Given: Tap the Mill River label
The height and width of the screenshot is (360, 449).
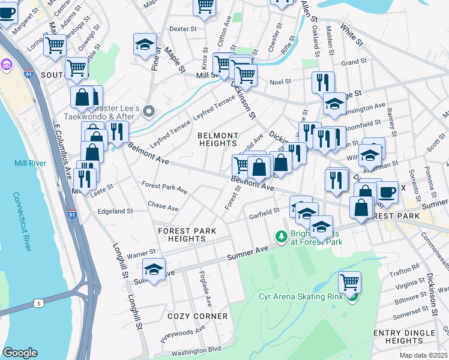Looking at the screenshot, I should tap(26, 163).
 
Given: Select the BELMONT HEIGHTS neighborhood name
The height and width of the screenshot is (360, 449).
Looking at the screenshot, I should tap(218, 139).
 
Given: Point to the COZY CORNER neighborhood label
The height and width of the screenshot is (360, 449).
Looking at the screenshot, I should tap(197, 316).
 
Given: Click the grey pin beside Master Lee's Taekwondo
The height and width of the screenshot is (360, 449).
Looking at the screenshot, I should tap(149, 110).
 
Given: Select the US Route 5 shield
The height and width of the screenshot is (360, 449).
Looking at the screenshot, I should tap(39, 304).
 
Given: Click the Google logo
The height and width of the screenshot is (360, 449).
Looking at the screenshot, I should tap(20, 353).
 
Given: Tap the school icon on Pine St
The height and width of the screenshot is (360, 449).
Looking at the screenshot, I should tap(145, 45).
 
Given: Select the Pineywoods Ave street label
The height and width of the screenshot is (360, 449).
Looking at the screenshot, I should tap(183, 334).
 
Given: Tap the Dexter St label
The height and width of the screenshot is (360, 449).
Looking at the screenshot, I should tap(183, 28).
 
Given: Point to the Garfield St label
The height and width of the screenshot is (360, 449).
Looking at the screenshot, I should tap(265, 211).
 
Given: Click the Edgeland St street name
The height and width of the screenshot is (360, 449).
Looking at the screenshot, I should tap(115, 211).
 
